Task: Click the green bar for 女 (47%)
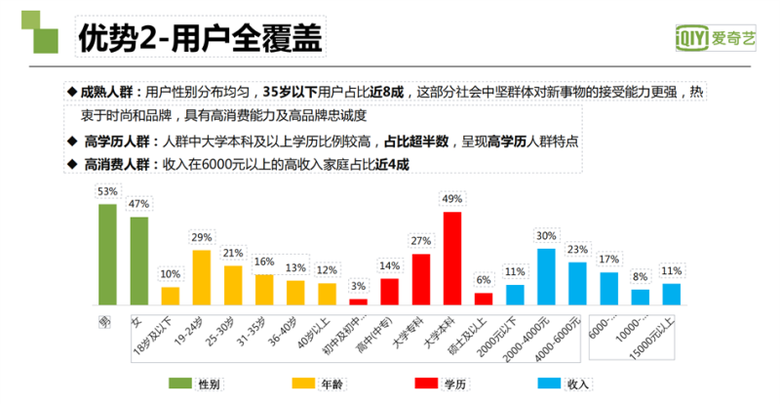pyautogui.click(x=139, y=261)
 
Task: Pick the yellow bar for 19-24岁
pyautogui.click(x=202, y=277)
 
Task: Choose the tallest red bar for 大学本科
pyautogui.click(x=451, y=259)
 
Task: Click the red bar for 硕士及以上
pyautogui.click(x=484, y=299)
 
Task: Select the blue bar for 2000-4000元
pyautogui.click(x=546, y=276)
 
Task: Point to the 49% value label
pyautogui.click(x=451, y=198)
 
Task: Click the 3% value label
pyautogui.click(x=359, y=285)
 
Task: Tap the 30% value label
pyautogui.click(x=546, y=235)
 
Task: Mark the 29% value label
pyautogui.click(x=202, y=237)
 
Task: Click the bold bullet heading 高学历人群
pyautogui.click(x=113, y=141)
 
